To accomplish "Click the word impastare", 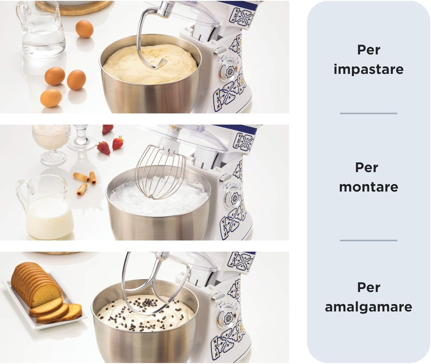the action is tap(368, 69).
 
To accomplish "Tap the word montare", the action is tap(368, 187).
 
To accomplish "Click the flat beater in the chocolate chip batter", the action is tap(144, 292).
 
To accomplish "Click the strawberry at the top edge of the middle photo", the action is tap(108, 129).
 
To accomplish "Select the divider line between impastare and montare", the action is tap(368, 114).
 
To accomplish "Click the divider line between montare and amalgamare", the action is tap(368, 241).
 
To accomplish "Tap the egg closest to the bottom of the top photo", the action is tap(51, 98).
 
